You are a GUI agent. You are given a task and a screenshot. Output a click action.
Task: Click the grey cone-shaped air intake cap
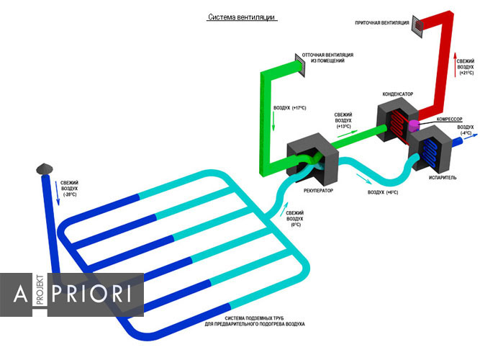pos(43,167)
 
